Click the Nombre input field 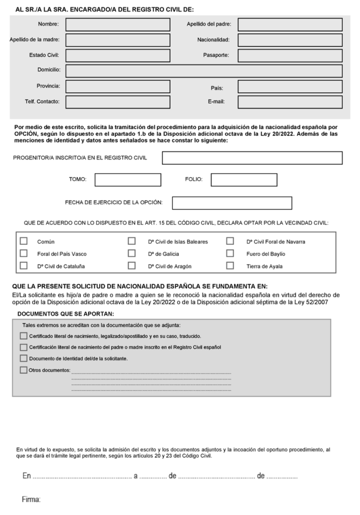117,24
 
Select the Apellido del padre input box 290,24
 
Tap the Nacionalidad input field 290,40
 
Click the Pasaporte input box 290,55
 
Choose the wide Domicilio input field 203,71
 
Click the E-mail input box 290,102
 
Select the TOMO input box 128,180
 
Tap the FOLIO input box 244,180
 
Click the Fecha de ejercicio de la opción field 232,203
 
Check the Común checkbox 24,241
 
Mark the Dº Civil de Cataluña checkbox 24,265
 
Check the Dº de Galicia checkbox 132,253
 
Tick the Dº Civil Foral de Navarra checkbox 230,241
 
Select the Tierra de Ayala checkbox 230,265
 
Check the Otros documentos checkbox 23,370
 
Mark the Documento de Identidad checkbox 23,358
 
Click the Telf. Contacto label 42,102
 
